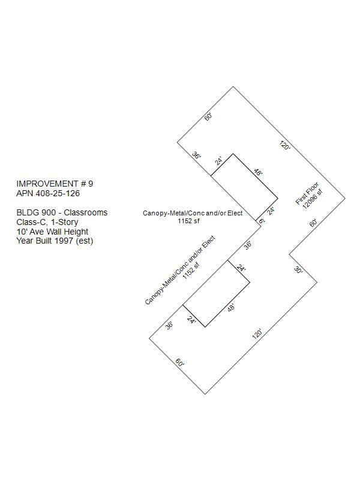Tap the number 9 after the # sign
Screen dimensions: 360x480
pos(91,184)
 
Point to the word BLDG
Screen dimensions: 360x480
pos(26,212)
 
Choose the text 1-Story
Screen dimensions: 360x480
pos(64,222)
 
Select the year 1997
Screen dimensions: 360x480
pos(64,241)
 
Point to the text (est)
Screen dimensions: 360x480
pos(85,241)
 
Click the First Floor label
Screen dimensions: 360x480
pos(307,193)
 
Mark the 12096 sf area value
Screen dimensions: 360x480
pos(313,199)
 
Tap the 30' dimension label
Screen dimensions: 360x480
pos(298,270)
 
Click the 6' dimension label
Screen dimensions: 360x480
pos(262,221)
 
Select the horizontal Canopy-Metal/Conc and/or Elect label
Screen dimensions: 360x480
pos(193,213)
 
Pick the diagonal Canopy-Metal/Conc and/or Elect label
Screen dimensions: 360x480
pos(180,270)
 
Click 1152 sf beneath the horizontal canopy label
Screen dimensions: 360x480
pos(188,221)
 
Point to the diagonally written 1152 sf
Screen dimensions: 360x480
pos(191,271)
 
